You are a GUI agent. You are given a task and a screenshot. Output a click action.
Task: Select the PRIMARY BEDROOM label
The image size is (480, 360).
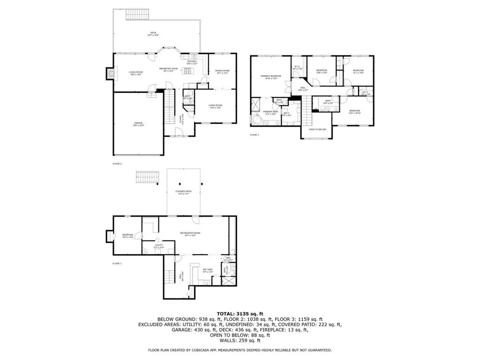[271, 77]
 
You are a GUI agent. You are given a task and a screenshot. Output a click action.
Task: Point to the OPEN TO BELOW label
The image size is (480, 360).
[317, 129]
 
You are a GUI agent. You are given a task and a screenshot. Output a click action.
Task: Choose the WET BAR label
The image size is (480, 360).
[208, 270]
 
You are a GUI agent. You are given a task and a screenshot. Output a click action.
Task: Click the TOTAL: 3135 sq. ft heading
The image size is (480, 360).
[240, 313]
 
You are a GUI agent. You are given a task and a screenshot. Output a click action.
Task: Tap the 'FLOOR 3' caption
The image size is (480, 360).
[254, 135]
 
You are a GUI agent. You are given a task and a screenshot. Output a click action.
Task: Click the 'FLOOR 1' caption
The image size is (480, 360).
[117, 263]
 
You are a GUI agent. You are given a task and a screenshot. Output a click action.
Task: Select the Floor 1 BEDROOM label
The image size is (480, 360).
[128, 235]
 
